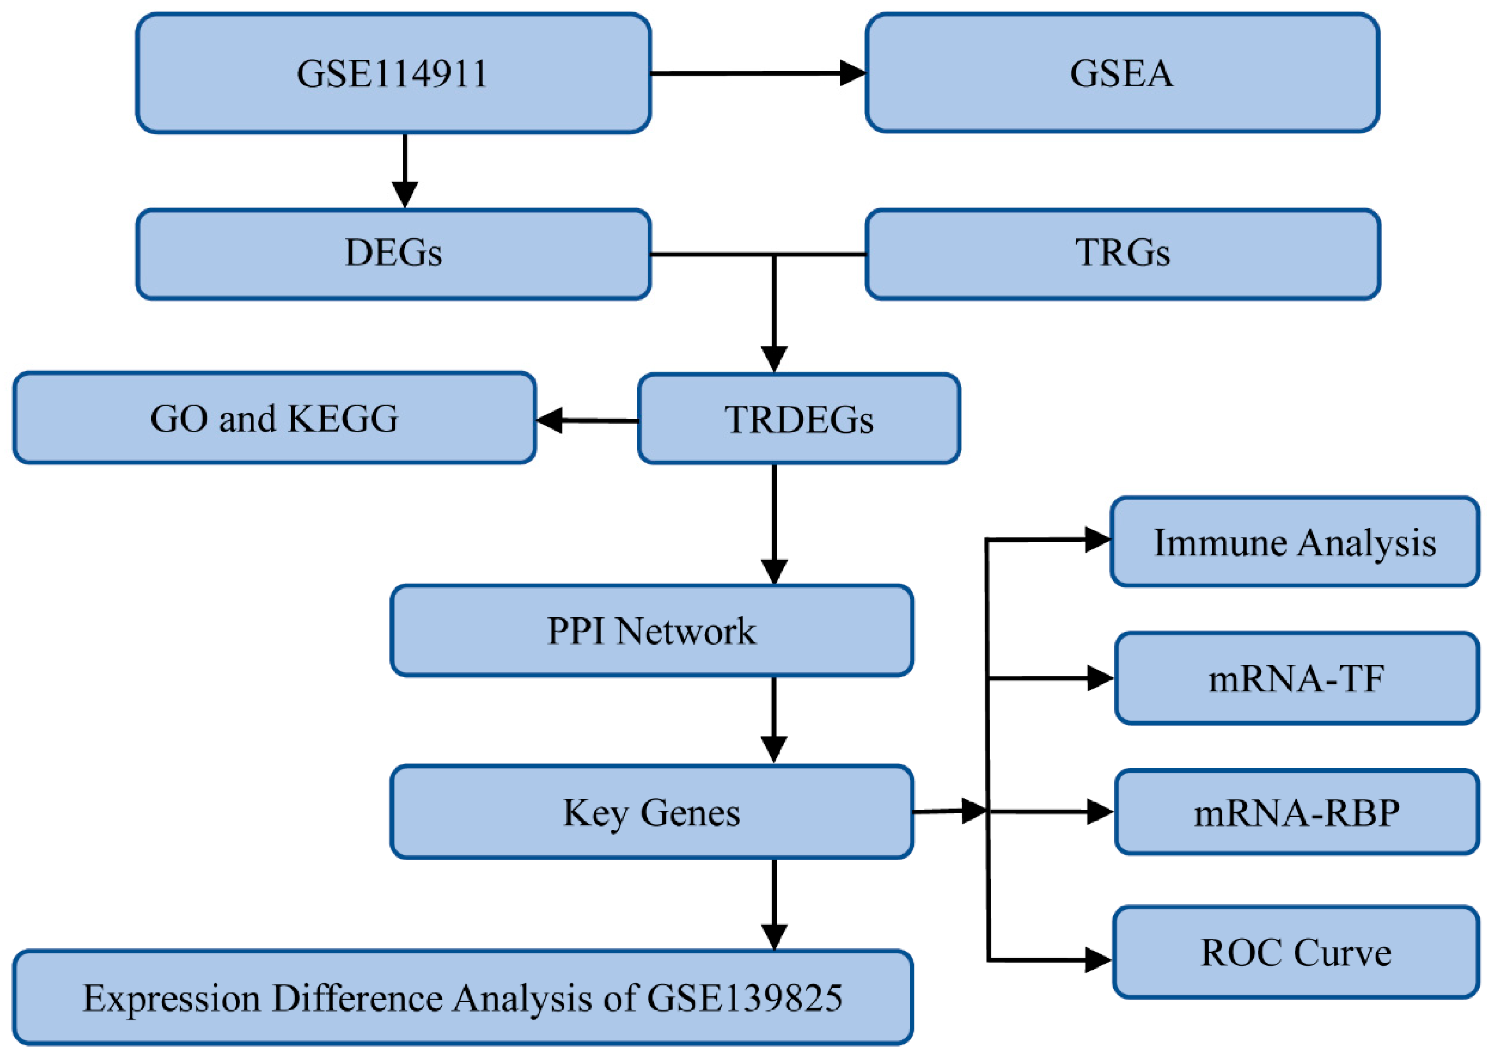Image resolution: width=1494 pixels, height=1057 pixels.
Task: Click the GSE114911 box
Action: (393, 74)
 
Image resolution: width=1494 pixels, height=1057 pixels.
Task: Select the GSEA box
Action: (1122, 73)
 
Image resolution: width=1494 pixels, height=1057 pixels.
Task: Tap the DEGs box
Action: (393, 254)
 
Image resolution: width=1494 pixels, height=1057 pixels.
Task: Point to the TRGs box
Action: (1122, 254)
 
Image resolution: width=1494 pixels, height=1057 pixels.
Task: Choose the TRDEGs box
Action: (799, 419)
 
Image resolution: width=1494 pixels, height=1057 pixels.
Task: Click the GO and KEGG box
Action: (274, 418)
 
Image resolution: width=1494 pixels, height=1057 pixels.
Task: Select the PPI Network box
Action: (651, 631)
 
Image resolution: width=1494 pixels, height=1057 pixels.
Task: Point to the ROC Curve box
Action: (1295, 952)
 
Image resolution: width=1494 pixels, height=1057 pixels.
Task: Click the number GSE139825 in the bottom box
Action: (745, 998)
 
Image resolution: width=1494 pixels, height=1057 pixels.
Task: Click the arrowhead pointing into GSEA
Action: (853, 73)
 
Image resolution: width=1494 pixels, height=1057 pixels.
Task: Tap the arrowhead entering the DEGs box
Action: (405, 194)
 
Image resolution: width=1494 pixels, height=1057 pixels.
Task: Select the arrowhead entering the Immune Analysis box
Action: (1097, 539)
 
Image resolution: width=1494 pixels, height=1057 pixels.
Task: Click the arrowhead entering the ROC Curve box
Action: (1097, 959)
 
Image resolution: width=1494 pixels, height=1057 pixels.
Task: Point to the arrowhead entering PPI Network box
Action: (774, 571)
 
